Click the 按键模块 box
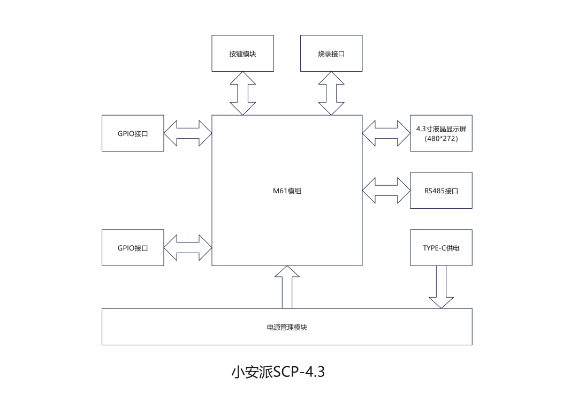pos(242,53)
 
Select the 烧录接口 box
pos(331,53)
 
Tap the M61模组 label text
pos(287,191)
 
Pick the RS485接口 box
pos(441,190)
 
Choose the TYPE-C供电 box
pos(441,247)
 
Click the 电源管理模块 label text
pos(287,327)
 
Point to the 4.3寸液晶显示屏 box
pos(441,133)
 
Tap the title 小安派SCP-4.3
pos(278,372)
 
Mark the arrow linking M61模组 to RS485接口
pos(386,191)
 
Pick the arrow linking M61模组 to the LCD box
pos(386,133)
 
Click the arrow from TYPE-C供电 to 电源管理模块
pos(441,287)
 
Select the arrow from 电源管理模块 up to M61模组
pos(287,287)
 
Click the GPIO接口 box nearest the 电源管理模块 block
pos(133,247)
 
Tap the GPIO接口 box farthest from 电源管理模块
pos(133,133)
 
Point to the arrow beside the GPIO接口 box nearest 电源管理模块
pos(188,247)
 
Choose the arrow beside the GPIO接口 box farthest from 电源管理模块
pos(188,133)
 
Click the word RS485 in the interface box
pos(434,191)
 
